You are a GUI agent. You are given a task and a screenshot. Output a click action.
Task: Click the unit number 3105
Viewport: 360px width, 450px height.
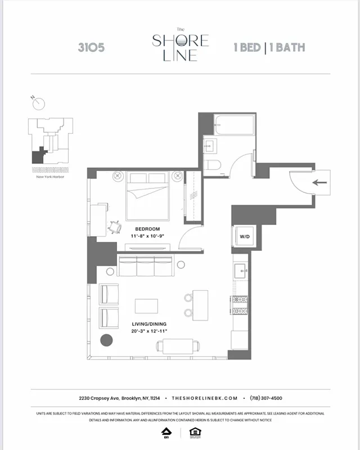(x=91, y=48)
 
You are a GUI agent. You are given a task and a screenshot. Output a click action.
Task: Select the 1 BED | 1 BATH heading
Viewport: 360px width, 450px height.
(x=269, y=47)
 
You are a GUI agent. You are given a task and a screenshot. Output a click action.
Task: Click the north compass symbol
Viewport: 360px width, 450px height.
(x=38, y=103)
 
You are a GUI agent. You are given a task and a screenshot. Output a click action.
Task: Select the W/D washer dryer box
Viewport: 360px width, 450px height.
(x=245, y=236)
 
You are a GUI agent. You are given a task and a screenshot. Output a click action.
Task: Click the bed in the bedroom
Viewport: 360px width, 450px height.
(x=148, y=197)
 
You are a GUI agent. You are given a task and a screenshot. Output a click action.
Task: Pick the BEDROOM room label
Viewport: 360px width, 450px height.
(x=147, y=229)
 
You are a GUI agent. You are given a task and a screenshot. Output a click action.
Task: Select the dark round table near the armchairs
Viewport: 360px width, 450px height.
(x=106, y=340)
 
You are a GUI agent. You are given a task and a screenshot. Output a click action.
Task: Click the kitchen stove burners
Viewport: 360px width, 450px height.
(x=240, y=305)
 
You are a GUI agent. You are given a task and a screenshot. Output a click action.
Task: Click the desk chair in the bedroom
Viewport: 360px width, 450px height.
(x=115, y=227)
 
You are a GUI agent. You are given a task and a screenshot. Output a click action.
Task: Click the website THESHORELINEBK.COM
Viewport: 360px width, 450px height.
(x=205, y=397)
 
